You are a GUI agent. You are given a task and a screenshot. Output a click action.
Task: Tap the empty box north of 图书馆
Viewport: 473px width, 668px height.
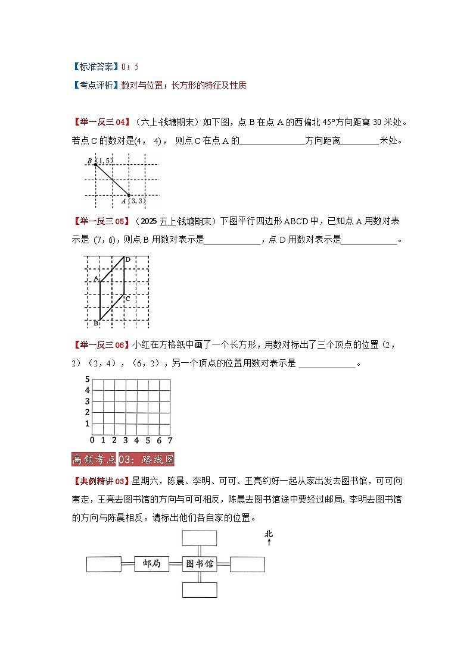pyautogui.click(x=200, y=537)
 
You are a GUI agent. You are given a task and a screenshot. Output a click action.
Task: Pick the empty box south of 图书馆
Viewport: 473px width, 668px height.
pyautogui.click(x=200, y=589)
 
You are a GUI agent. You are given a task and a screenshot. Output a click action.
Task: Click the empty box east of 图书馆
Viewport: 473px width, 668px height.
pyautogui.click(x=247, y=564)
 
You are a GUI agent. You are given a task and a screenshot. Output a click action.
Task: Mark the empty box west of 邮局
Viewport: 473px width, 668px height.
pyautogui.click(x=104, y=564)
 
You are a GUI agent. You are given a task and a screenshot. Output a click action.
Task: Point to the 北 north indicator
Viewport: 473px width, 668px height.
pyautogui.click(x=269, y=536)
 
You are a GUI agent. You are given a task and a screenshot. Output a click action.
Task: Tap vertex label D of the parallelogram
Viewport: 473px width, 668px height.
pyautogui.click(x=127, y=259)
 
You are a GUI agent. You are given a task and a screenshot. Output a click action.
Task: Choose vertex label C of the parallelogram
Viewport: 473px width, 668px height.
pyautogui.click(x=127, y=298)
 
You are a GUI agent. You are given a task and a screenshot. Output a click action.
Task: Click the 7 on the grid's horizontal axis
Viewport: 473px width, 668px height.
pyautogui.click(x=170, y=441)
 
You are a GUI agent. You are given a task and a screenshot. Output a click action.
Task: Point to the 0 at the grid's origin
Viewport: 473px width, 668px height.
pyautogui.click(x=92, y=441)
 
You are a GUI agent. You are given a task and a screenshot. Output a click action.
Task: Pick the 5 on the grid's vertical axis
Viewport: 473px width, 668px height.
pyautogui.click(x=87, y=380)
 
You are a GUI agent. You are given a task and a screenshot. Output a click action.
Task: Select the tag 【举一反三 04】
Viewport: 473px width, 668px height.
pyautogui.click(x=102, y=123)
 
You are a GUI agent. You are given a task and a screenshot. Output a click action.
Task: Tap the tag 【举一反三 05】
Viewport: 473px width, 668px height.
pyautogui.click(x=102, y=222)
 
